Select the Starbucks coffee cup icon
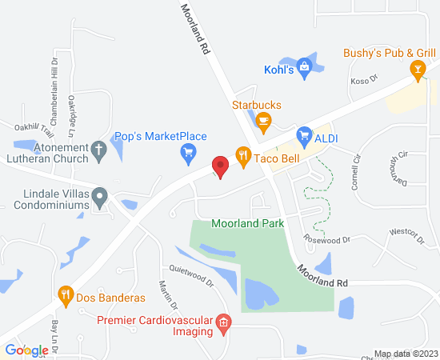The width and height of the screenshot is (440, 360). pos(263,121)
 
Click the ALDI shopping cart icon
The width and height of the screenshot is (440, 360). pos(304,137)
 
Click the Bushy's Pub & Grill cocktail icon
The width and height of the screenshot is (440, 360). pos(417,70)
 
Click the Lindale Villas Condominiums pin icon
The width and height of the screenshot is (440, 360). pos(98,195)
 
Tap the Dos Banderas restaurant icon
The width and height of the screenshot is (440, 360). pos(66,298)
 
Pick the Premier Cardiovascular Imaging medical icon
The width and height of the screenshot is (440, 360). pos(225,322)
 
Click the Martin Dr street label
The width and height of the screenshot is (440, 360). pos(167,294)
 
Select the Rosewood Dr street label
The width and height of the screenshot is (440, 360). pos(326,239)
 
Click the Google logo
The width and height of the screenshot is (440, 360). pos(26,350)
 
